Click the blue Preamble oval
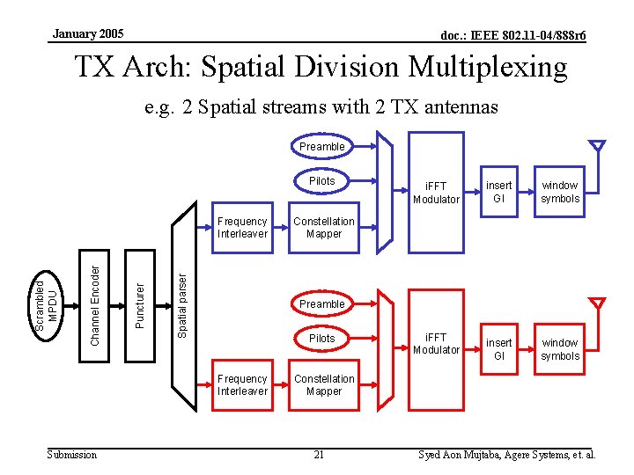pyautogui.click(x=321, y=146)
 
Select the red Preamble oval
pyautogui.click(x=321, y=303)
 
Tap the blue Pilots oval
pyautogui.click(x=321, y=180)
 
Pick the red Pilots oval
pyautogui.click(x=321, y=338)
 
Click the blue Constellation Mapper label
pyautogui.click(x=324, y=228)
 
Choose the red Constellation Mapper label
pyautogui.click(x=324, y=385)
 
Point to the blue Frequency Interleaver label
pyautogui.click(x=242, y=228)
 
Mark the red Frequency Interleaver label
pyautogui.click(x=242, y=385)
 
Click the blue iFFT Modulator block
pyautogui.click(x=438, y=193)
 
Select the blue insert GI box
pyautogui.click(x=499, y=192)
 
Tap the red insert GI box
pyautogui.click(x=499, y=349)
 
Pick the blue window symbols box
pyautogui.click(x=560, y=192)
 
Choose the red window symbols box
pyautogui.click(x=560, y=349)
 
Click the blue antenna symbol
pyautogui.click(x=598, y=146)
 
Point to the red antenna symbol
pyautogui.click(x=598, y=304)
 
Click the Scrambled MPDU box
pyautogui.click(x=45, y=304)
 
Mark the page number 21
pyautogui.click(x=319, y=455)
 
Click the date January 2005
pyautogui.click(x=88, y=34)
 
